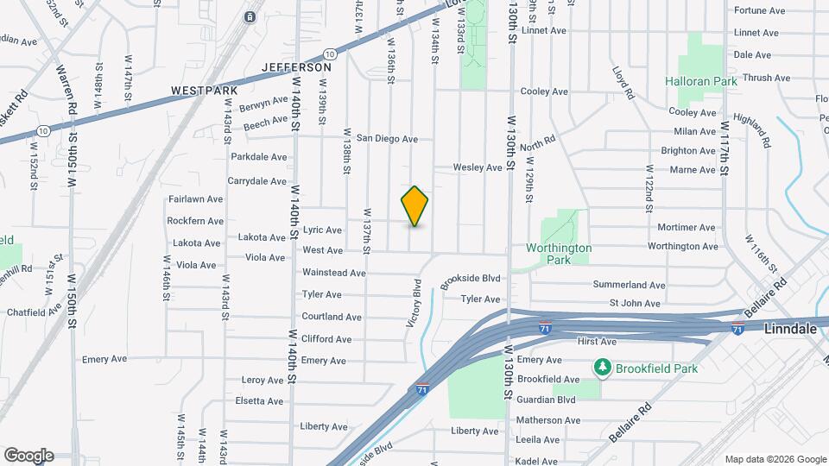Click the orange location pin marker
414,205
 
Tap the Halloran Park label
700,81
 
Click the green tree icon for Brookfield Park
602,368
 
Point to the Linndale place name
791,329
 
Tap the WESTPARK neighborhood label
203,90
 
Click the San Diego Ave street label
388,138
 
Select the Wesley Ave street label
478,167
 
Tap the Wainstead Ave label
334,273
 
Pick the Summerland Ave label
629,285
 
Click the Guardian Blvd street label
546,400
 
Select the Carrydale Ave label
256,181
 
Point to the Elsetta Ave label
263,401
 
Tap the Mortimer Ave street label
686,228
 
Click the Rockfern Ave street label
195,222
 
